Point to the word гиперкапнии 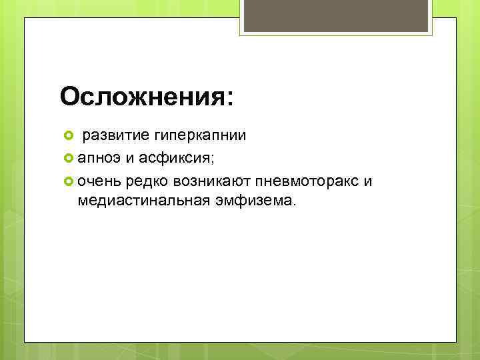coord(200,136)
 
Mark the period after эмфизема coord(291,205)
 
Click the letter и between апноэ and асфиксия coord(127,159)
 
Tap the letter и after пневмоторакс coord(369,181)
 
